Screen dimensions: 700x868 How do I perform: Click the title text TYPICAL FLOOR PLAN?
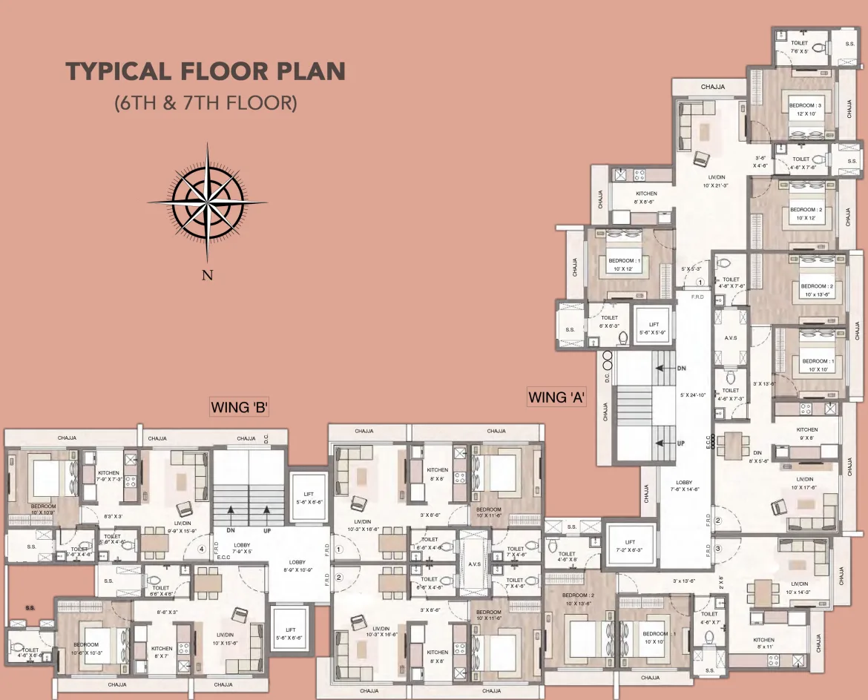(206, 72)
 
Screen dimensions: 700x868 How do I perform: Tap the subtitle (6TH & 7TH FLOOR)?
(206, 102)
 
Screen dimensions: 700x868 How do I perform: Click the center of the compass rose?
(207, 202)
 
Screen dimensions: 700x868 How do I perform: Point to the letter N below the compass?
(208, 276)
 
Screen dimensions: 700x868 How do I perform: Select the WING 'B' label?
(239, 406)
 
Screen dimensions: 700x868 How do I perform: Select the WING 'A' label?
(556, 397)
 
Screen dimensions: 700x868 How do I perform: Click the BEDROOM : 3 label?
(805, 109)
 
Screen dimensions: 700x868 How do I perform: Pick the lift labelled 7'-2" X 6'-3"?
(630, 546)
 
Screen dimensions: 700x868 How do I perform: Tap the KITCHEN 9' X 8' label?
(807, 434)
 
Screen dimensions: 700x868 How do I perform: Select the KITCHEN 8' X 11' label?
(763, 644)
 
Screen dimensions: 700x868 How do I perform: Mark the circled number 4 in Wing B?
(201, 549)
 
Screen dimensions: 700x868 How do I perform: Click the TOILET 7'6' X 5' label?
(799, 47)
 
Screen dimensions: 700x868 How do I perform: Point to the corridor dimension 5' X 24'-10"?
(693, 394)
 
